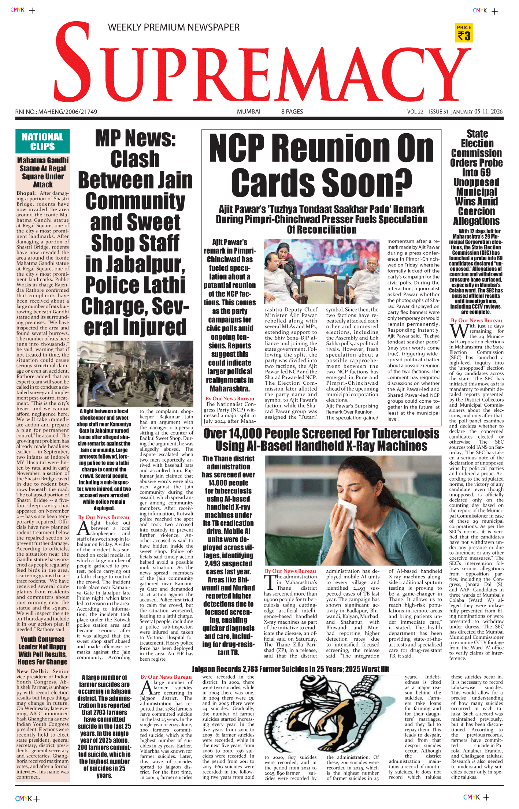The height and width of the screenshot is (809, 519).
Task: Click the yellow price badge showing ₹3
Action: [x=464, y=33]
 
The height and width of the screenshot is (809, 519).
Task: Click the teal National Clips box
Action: [x=42, y=141]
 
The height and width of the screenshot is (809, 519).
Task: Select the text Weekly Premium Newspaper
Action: [x=174, y=27]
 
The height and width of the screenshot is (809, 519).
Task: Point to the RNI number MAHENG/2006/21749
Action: [x=56, y=112]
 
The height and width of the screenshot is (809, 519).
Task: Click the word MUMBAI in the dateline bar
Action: [x=248, y=112]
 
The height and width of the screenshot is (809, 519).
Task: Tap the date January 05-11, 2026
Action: [x=477, y=112]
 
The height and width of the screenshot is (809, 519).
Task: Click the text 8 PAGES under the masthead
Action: [x=292, y=112]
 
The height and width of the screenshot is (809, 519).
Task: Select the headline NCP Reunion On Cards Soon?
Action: [x=321, y=165]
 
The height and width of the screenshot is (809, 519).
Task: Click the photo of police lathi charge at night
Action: [x=135, y=373]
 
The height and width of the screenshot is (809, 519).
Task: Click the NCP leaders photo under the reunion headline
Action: [x=322, y=271]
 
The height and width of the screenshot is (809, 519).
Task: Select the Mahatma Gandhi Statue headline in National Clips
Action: [x=43, y=172]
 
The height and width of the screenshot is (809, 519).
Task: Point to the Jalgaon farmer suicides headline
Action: [x=290, y=669]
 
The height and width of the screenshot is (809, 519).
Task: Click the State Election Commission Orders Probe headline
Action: [x=477, y=177]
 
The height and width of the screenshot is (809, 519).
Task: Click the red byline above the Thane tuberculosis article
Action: [x=290, y=571]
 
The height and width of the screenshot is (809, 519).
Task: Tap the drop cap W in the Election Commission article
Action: [x=458, y=331]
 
